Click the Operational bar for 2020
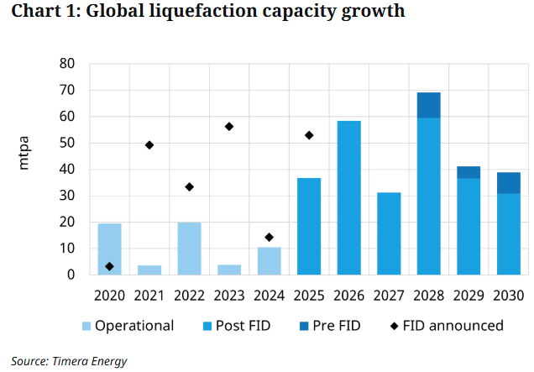[109, 249]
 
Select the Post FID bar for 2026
[348, 198]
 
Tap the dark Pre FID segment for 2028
[428, 105]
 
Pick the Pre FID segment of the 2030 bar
[508, 183]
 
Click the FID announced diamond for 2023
[229, 126]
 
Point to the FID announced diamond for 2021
[149, 144]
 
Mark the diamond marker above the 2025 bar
[309, 135]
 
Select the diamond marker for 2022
[189, 186]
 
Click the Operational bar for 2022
[189, 249]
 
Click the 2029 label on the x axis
[469, 295]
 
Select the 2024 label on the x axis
[269, 295]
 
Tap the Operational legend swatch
[86, 326]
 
